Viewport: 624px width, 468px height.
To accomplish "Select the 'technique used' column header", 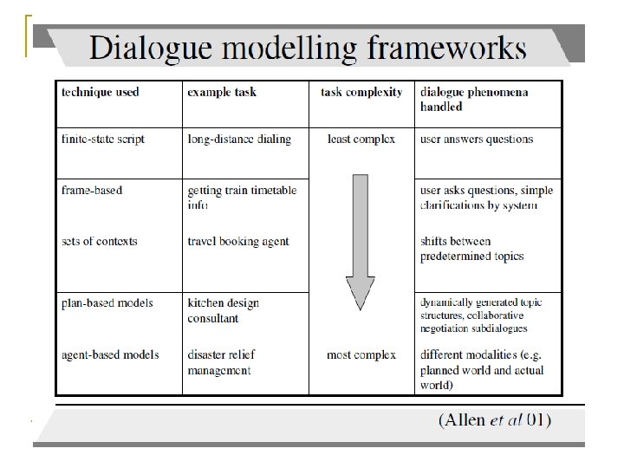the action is pyautogui.click(x=100, y=92).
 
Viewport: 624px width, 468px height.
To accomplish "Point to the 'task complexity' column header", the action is pyautogui.click(x=361, y=92).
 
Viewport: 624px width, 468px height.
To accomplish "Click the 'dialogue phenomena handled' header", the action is pyautogui.click(x=475, y=99).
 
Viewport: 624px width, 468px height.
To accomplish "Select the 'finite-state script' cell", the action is pyautogui.click(x=103, y=140).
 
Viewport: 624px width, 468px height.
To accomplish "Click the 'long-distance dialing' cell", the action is pyautogui.click(x=239, y=140).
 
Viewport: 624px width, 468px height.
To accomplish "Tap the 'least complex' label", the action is pyautogui.click(x=361, y=140).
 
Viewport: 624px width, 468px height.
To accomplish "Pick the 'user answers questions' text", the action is pyautogui.click(x=477, y=140).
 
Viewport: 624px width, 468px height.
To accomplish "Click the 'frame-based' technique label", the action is pyautogui.click(x=92, y=190).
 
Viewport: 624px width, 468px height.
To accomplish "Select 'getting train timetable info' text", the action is pyautogui.click(x=242, y=198).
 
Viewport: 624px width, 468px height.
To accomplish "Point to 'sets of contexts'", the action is pyautogui.click(x=99, y=241).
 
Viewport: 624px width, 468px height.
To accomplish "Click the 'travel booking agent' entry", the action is pyautogui.click(x=238, y=241).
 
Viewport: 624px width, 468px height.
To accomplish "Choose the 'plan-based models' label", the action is pyautogui.click(x=107, y=302).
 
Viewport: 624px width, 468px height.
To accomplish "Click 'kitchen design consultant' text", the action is pyautogui.click(x=223, y=310).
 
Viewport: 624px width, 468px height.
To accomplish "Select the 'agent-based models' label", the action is pyautogui.click(x=110, y=354).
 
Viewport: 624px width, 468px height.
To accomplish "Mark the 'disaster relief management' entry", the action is pyautogui.click(x=221, y=362).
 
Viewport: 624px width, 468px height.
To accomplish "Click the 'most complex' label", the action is pyautogui.click(x=361, y=354).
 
